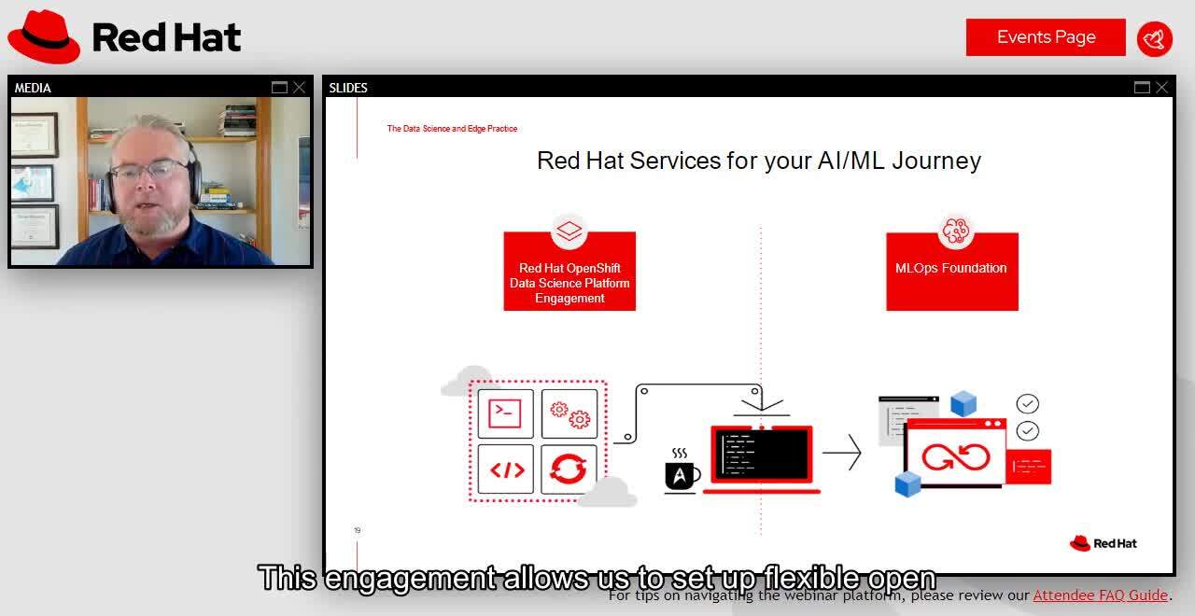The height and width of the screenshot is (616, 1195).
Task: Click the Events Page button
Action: coord(1046,37)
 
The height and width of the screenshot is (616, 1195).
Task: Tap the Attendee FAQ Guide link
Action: coord(1100,595)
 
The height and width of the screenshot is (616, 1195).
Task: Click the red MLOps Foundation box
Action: coord(951,272)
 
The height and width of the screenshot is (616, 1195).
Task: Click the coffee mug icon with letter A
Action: coord(681,475)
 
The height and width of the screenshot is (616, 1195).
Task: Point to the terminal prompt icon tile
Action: coord(505,413)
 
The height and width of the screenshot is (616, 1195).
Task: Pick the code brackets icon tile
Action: coord(505,469)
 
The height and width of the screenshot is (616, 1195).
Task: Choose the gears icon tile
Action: coord(569,413)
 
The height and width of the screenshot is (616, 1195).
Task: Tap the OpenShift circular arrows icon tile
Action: coord(569,469)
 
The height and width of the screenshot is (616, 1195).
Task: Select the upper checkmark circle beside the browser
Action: coord(1027,403)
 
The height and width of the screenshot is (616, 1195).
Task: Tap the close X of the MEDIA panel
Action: coord(299,88)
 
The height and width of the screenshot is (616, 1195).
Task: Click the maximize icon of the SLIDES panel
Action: coord(1142,88)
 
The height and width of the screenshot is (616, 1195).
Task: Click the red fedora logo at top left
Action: coord(44,36)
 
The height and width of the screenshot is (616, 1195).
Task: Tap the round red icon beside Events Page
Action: coord(1155,38)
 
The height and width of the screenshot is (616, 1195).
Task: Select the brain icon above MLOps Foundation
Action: coord(955,230)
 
